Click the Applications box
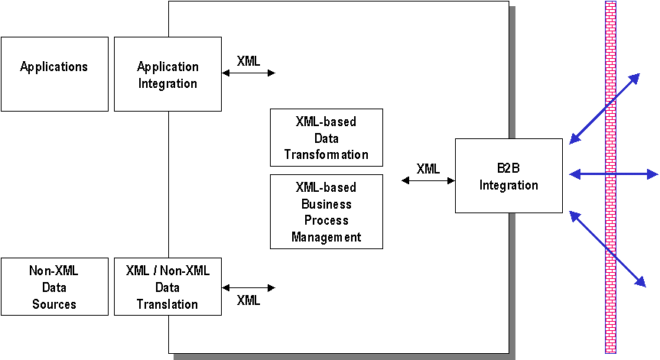(x=54, y=74)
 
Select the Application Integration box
(x=167, y=74)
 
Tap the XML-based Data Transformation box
(x=327, y=138)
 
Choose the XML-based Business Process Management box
(x=327, y=212)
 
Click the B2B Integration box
(x=509, y=176)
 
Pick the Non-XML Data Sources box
(x=54, y=287)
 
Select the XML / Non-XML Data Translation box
(x=167, y=287)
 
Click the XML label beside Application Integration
(x=248, y=61)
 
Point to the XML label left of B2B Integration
(x=428, y=169)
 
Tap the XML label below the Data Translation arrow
(x=249, y=300)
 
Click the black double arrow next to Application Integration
(x=248, y=73)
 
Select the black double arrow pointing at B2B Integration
(x=428, y=180)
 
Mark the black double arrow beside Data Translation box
(x=248, y=288)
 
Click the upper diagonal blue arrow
(x=604, y=108)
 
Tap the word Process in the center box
(x=327, y=220)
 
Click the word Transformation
(x=327, y=154)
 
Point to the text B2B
(x=509, y=169)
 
